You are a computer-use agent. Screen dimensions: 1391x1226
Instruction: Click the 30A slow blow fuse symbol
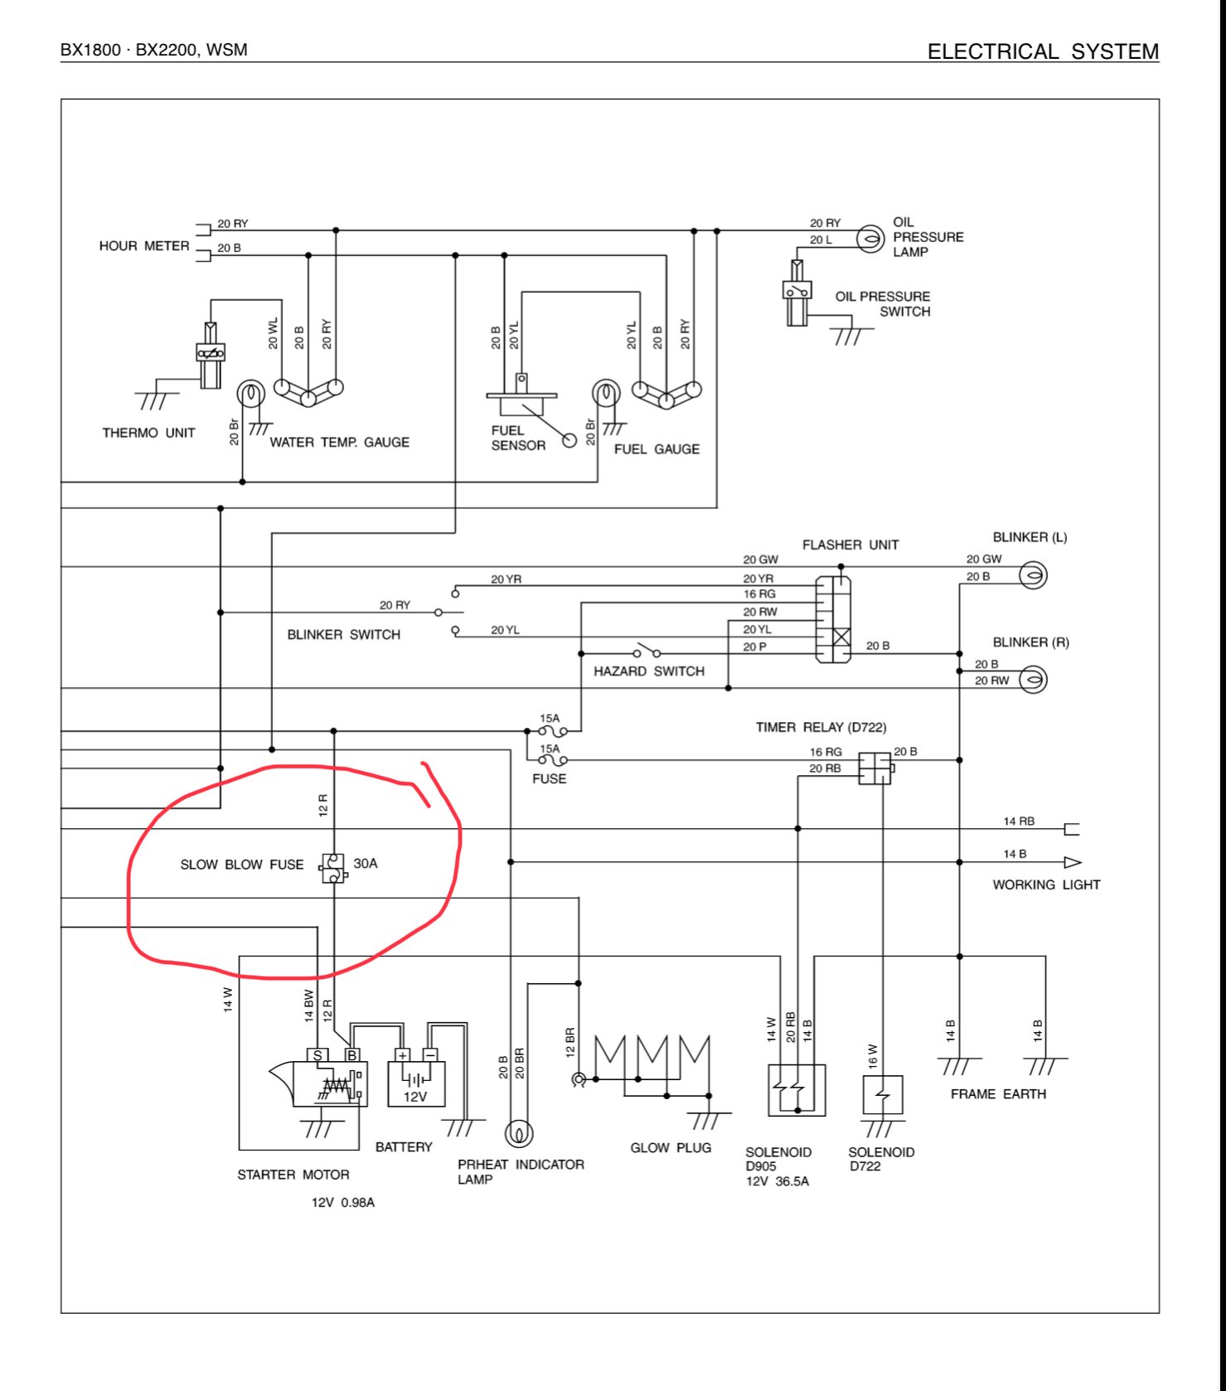(332, 868)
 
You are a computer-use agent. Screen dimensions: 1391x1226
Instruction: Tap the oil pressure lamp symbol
(870, 240)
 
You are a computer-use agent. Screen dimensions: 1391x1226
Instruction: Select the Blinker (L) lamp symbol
(1032, 574)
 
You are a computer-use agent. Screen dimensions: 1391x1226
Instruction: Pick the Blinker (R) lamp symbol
(1032, 680)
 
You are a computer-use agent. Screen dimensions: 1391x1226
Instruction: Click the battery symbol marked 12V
(416, 1083)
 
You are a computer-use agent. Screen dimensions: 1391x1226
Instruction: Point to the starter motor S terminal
(317, 1055)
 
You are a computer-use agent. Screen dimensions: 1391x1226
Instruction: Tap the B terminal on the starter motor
(352, 1055)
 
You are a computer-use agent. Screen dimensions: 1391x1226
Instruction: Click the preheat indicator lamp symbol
(519, 1132)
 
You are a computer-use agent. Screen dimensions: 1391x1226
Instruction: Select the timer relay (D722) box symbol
(874, 768)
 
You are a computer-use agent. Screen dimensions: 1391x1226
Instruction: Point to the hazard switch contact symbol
(647, 649)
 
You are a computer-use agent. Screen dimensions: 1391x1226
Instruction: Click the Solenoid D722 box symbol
(883, 1095)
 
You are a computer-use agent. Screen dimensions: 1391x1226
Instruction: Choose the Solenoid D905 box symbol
(797, 1089)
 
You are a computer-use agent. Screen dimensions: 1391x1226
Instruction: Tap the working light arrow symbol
(1072, 862)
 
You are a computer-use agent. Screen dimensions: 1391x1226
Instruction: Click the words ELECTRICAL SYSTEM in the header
(1042, 51)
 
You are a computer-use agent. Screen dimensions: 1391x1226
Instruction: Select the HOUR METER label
(144, 246)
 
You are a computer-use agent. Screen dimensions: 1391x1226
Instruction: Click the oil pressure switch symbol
(797, 293)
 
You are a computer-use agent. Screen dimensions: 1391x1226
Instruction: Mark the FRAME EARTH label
(998, 1094)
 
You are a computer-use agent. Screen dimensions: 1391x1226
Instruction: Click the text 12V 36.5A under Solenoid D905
(777, 1181)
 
